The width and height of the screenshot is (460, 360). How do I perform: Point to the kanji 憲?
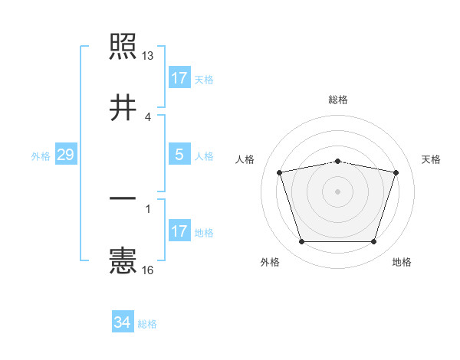click(x=123, y=260)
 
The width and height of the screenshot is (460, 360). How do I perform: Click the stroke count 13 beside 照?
click(x=148, y=56)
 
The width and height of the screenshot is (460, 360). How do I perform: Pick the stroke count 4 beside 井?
click(x=148, y=117)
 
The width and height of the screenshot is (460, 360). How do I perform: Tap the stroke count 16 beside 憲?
click(x=148, y=270)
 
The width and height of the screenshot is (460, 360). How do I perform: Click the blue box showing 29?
click(x=65, y=155)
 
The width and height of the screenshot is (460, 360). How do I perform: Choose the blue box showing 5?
click(x=179, y=155)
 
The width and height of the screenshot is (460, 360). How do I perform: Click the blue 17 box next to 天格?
click(x=179, y=78)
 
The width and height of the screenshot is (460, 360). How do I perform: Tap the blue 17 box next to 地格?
click(x=179, y=231)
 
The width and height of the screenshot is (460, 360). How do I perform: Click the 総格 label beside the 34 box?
click(x=147, y=324)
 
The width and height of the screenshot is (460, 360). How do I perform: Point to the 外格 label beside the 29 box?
click(x=41, y=156)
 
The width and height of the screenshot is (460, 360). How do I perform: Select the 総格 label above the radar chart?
click(x=338, y=100)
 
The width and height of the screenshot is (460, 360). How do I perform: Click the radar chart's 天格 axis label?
click(x=432, y=159)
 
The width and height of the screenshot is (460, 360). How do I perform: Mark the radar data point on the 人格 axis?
click(x=280, y=172)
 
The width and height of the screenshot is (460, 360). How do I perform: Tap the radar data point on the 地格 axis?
click(x=373, y=242)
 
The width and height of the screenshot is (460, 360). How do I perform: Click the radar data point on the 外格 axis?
click(x=301, y=242)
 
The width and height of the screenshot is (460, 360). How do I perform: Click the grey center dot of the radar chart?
click(x=338, y=191)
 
